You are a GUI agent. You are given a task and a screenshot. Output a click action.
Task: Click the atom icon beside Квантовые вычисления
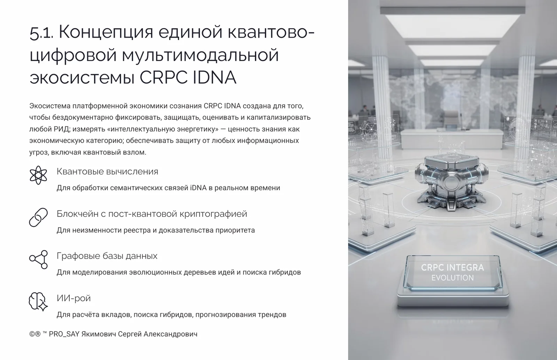click(38, 175)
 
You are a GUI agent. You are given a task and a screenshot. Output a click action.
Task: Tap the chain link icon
click(38, 217)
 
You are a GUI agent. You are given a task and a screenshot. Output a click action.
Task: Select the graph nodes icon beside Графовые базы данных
click(38, 259)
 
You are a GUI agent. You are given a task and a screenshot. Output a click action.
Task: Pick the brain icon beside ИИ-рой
click(38, 302)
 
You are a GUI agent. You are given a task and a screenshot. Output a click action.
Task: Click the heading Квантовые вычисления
click(107, 171)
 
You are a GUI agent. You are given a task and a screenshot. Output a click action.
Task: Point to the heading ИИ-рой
click(73, 298)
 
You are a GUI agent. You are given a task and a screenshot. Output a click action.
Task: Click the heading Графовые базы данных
click(107, 256)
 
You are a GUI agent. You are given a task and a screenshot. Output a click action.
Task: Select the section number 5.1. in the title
click(41, 33)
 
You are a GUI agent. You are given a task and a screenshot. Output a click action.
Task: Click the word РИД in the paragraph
click(61, 129)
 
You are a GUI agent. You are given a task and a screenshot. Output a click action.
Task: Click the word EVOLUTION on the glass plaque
click(453, 278)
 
